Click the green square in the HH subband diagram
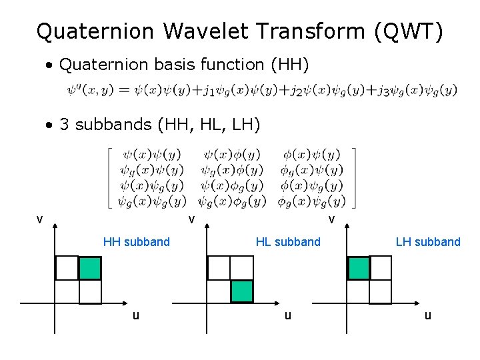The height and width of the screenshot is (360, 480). tap(90, 268)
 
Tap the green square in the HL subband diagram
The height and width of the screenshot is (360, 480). tap(242, 291)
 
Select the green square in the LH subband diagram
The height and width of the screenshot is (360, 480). tap(359, 268)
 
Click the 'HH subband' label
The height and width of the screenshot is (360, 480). tap(136, 242)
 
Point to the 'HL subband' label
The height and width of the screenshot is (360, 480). tap(288, 242)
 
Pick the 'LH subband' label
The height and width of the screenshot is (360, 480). tap(428, 242)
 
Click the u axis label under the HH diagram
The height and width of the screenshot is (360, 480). tap(136, 315)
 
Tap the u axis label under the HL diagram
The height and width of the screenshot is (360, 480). tap(287, 315)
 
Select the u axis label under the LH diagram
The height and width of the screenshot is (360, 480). tap(427, 315)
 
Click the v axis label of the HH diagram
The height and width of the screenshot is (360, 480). tap(40, 219)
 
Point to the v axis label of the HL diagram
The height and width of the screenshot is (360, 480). tap(191, 219)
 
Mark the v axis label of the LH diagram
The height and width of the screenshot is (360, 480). tap(331, 219)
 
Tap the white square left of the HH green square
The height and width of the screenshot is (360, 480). tap(67, 268)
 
